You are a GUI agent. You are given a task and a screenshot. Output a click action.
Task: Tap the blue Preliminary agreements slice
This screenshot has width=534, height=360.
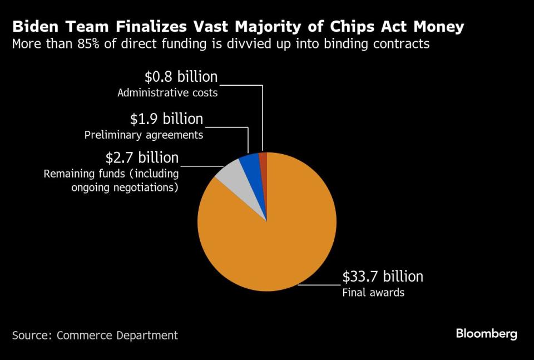(250, 165)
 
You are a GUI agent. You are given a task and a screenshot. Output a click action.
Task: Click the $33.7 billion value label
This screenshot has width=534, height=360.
(383, 277)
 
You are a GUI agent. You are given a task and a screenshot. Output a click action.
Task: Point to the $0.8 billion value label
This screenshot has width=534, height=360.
(181, 77)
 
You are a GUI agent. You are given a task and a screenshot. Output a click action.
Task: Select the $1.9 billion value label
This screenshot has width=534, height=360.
(166, 119)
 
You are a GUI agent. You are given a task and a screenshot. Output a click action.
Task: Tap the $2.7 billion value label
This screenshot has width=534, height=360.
(142, 157)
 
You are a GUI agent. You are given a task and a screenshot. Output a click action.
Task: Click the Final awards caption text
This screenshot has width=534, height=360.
(373, 292)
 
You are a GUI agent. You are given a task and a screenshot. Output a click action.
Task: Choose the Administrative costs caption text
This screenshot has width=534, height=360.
(167, 93)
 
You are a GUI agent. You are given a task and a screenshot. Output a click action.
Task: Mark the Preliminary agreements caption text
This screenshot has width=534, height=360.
(144, 135)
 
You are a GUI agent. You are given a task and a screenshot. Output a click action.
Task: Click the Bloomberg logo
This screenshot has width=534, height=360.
(486, 334)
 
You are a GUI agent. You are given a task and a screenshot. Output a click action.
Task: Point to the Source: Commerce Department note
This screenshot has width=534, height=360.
(95, 335)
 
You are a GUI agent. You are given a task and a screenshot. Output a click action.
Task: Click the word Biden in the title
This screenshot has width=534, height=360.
(34, 27)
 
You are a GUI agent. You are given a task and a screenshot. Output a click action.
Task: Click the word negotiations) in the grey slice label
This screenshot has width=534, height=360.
(144, 188)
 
